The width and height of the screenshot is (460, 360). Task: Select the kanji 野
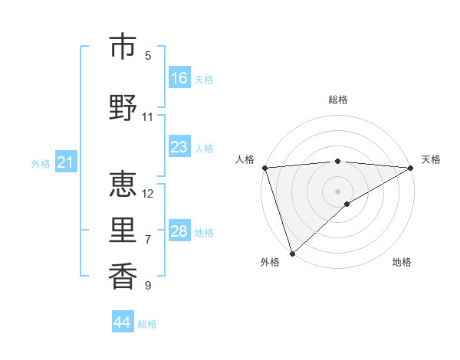(123, 106)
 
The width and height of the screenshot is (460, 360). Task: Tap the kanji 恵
(123, 183)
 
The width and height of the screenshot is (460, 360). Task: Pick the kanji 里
(123, 229)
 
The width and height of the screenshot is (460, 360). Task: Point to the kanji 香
(123, 275)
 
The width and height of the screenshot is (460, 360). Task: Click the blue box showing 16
(179, 78)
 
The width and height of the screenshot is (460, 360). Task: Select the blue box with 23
(179, 147)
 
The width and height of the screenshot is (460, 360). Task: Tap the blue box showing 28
(179, 231)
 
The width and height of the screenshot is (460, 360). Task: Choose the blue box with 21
(65, 162)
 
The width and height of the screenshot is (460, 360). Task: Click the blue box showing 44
(123, 322)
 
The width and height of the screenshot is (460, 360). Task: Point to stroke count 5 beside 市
(148, 56)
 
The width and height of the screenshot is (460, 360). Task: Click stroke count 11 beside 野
(148, 117)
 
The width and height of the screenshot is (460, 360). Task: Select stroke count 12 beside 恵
(148, 193)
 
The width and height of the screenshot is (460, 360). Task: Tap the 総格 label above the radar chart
(337, 100)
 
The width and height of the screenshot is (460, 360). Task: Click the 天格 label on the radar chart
(431, 159)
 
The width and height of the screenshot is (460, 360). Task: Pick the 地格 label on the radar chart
(402, 263)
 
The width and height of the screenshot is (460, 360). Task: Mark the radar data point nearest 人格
(264, 168)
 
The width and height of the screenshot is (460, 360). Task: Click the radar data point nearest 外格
(292, 254)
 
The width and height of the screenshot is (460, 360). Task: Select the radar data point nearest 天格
(411, 168)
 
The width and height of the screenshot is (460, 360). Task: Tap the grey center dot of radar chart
(337, 191)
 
